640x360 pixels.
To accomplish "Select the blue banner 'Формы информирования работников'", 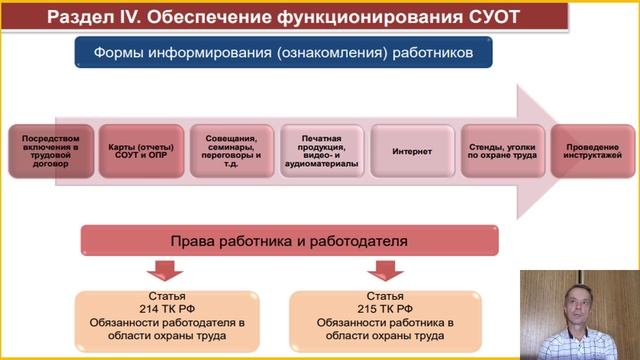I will click(283, 52).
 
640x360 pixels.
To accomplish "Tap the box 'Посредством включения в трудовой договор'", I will click(51, 151).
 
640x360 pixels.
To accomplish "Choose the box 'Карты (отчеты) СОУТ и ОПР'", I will click(139, 151).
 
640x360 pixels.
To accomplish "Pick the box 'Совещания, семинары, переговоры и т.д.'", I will click(230, 151).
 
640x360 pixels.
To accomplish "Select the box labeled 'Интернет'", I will click(412, 151).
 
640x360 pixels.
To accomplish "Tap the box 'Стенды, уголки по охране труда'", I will click(502, 151).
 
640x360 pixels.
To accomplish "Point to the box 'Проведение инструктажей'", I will click(591, 151).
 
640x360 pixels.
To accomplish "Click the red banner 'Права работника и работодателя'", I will click(289, 242).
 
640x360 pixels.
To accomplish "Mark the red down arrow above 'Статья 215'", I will click(384, 270).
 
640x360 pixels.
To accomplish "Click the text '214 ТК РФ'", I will click(167, 310).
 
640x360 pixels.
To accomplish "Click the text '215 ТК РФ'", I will click(386, 310).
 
